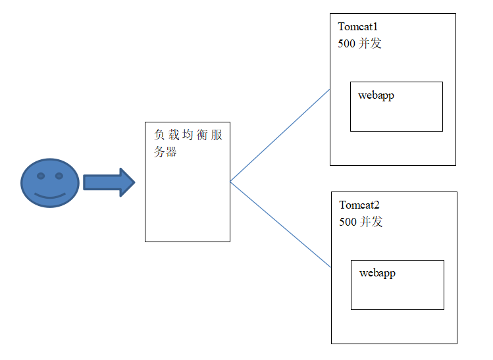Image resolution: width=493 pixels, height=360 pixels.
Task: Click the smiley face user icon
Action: [49, 183]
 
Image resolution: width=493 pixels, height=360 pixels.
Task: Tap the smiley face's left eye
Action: [40, 176]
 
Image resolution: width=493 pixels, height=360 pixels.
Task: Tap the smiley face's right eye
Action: [59, 176]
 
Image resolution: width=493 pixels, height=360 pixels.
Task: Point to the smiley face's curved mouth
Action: [49, 195]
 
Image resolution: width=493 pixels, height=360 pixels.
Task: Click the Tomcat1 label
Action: [358, 27]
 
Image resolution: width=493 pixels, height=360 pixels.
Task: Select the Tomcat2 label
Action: [359, 205]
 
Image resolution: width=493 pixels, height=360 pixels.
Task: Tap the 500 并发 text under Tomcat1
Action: [359, 43]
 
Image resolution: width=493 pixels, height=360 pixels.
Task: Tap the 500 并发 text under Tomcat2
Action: [361, 222]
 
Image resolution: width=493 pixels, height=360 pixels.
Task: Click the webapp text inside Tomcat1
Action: [376, 95]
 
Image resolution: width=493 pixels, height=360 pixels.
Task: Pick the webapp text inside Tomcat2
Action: [377, 273]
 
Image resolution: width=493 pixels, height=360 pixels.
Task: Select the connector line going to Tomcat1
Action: [280, 135]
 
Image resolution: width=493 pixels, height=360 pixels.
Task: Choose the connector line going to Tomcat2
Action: [280, 224]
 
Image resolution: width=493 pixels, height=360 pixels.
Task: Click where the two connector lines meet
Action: [230, 181]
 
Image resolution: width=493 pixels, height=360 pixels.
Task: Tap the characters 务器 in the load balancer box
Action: [166, 152]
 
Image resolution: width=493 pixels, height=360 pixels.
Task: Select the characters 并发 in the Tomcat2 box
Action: [371, 222]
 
